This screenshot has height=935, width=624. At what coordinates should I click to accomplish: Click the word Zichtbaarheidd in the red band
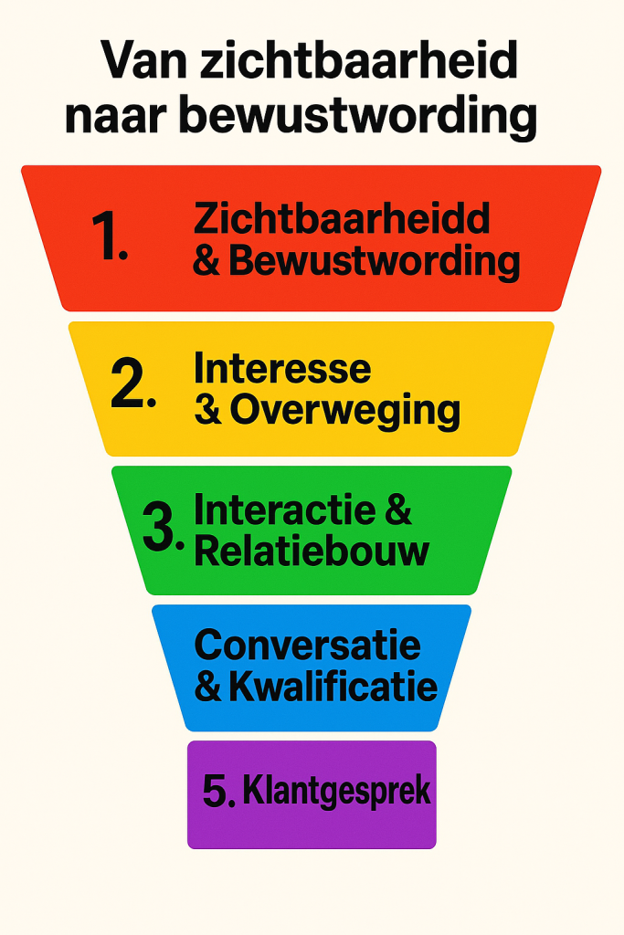pyautogui.click(x=343, y=219)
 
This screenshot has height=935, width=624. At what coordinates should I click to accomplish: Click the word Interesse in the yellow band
pyautogui.click(x=282, y=369)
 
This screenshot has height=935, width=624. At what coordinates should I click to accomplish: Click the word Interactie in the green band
pyautogui.click(x=285, y=510)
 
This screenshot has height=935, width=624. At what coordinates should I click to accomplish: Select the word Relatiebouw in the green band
pyautogui.click(x=312, y=552)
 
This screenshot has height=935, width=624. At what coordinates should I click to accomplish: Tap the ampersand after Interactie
pyautogui.click(x=398, y=510)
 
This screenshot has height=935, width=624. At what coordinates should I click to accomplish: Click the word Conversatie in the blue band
pyautogui.click(x=308, y=646)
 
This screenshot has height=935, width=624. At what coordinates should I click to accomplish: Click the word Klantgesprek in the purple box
pyautogui.click(x=336, y=792)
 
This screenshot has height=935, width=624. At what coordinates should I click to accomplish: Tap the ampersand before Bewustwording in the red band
pyautogui.click(x=207, y=261)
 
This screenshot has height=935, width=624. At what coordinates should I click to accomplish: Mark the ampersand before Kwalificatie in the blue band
pyautogui.click(x=208, y=688)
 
